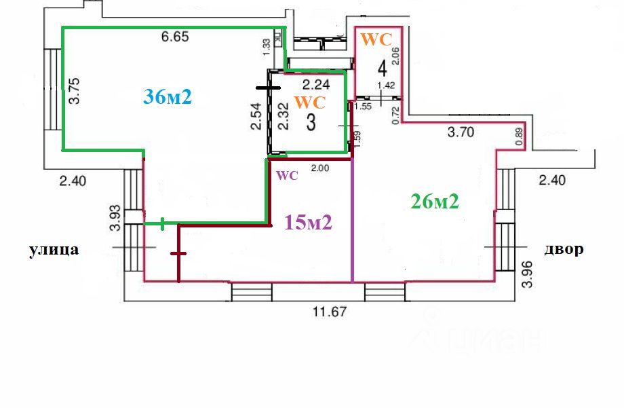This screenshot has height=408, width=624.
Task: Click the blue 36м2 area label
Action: click(x=168, y=96)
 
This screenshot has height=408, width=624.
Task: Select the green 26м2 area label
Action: click(x=435, y=201)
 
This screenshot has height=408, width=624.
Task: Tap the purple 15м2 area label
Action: click(x=308, y=222)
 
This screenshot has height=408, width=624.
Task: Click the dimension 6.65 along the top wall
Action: click(x=174, y=38)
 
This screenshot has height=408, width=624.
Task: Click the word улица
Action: click(x=54, y=250)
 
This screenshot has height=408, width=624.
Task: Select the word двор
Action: click(x=563, y=249)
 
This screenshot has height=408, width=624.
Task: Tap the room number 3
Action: click(x=311, y=124)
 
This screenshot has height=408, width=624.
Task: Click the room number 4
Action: click(x=383, y=69)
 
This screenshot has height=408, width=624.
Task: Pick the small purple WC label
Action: click(x=288, y=175)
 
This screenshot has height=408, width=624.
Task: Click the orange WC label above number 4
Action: click(x=376, y=39)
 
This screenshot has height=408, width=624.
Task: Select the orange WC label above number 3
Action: click(x=312, y=103)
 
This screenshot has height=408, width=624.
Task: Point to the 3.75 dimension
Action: click(x=75, y=90)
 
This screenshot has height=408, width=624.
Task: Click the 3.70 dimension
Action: click(x=461, y=133)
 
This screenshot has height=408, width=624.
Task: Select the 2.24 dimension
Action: click(x=315, y=85)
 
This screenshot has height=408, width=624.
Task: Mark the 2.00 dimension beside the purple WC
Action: click(x=319, y=168)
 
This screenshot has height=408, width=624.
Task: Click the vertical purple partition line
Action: click(x=353, y=224)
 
